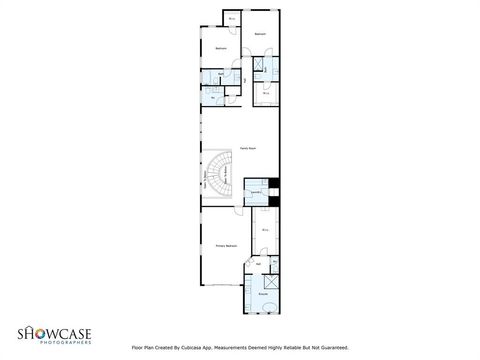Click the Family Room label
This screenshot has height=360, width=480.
point(243,148)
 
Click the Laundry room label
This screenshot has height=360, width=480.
point(255,190)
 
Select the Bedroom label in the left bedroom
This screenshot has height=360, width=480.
point(221,48)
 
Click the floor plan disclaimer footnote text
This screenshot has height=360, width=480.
point(239,348)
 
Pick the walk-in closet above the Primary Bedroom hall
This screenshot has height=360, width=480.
point(264,229)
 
